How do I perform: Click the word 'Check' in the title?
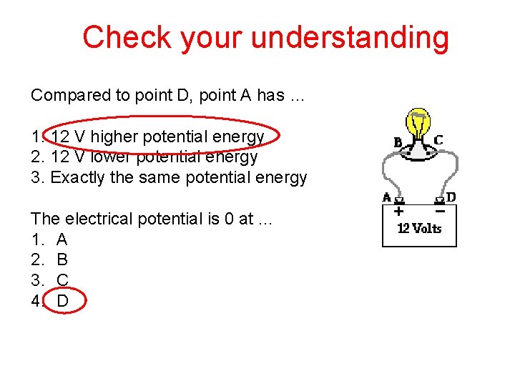[x=126, y=37]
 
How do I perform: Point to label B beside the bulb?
[x=398, y=142]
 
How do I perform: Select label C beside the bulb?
[x=438, y=140]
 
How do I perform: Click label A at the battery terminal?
[x=387, y=197]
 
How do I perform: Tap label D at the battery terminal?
[x=451, y=196]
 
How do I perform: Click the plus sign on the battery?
[x=398, y=212]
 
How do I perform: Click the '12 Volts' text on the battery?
[x=419, y=229]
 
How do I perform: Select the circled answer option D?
[x=63, y=301]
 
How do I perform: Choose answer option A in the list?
[x=62, y=239]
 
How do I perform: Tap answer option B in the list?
[x=62, y=259]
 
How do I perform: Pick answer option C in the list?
[x=62, y=280]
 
